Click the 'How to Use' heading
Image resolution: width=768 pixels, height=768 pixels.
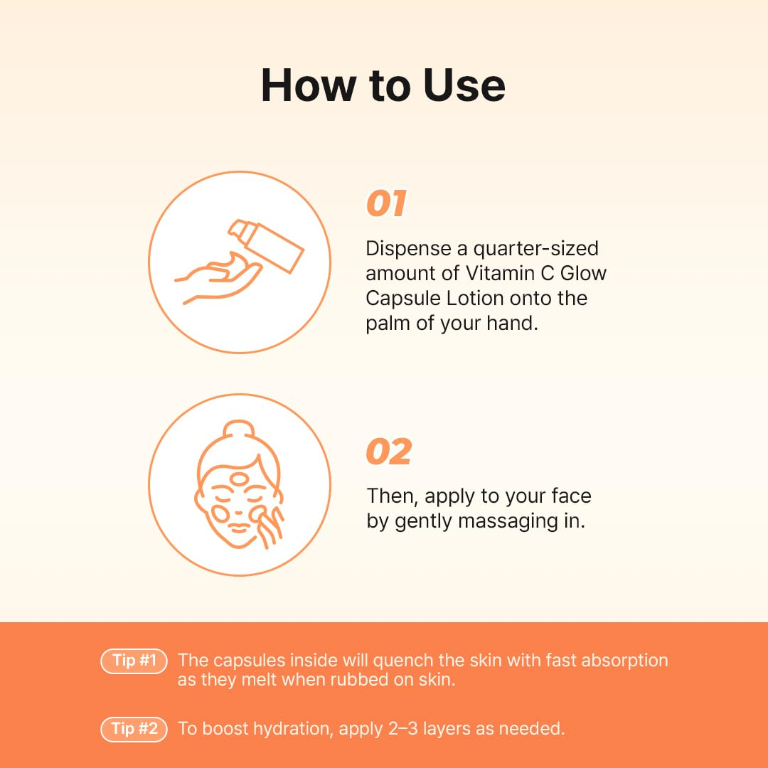(383, 85)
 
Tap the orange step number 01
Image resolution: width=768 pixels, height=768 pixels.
(386, 203)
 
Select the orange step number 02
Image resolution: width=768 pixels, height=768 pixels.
(389, 452)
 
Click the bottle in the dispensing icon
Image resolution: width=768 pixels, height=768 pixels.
(266, 246)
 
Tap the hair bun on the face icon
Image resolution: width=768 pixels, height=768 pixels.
(238, 430)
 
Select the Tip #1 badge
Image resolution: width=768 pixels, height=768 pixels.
(134, 661)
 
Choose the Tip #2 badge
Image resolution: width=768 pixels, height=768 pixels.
(134, 729)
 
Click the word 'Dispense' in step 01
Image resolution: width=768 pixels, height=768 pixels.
(409, 249)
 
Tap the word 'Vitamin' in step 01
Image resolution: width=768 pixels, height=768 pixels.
(500, 273)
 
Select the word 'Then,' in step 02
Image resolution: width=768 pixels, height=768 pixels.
(393, 496)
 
